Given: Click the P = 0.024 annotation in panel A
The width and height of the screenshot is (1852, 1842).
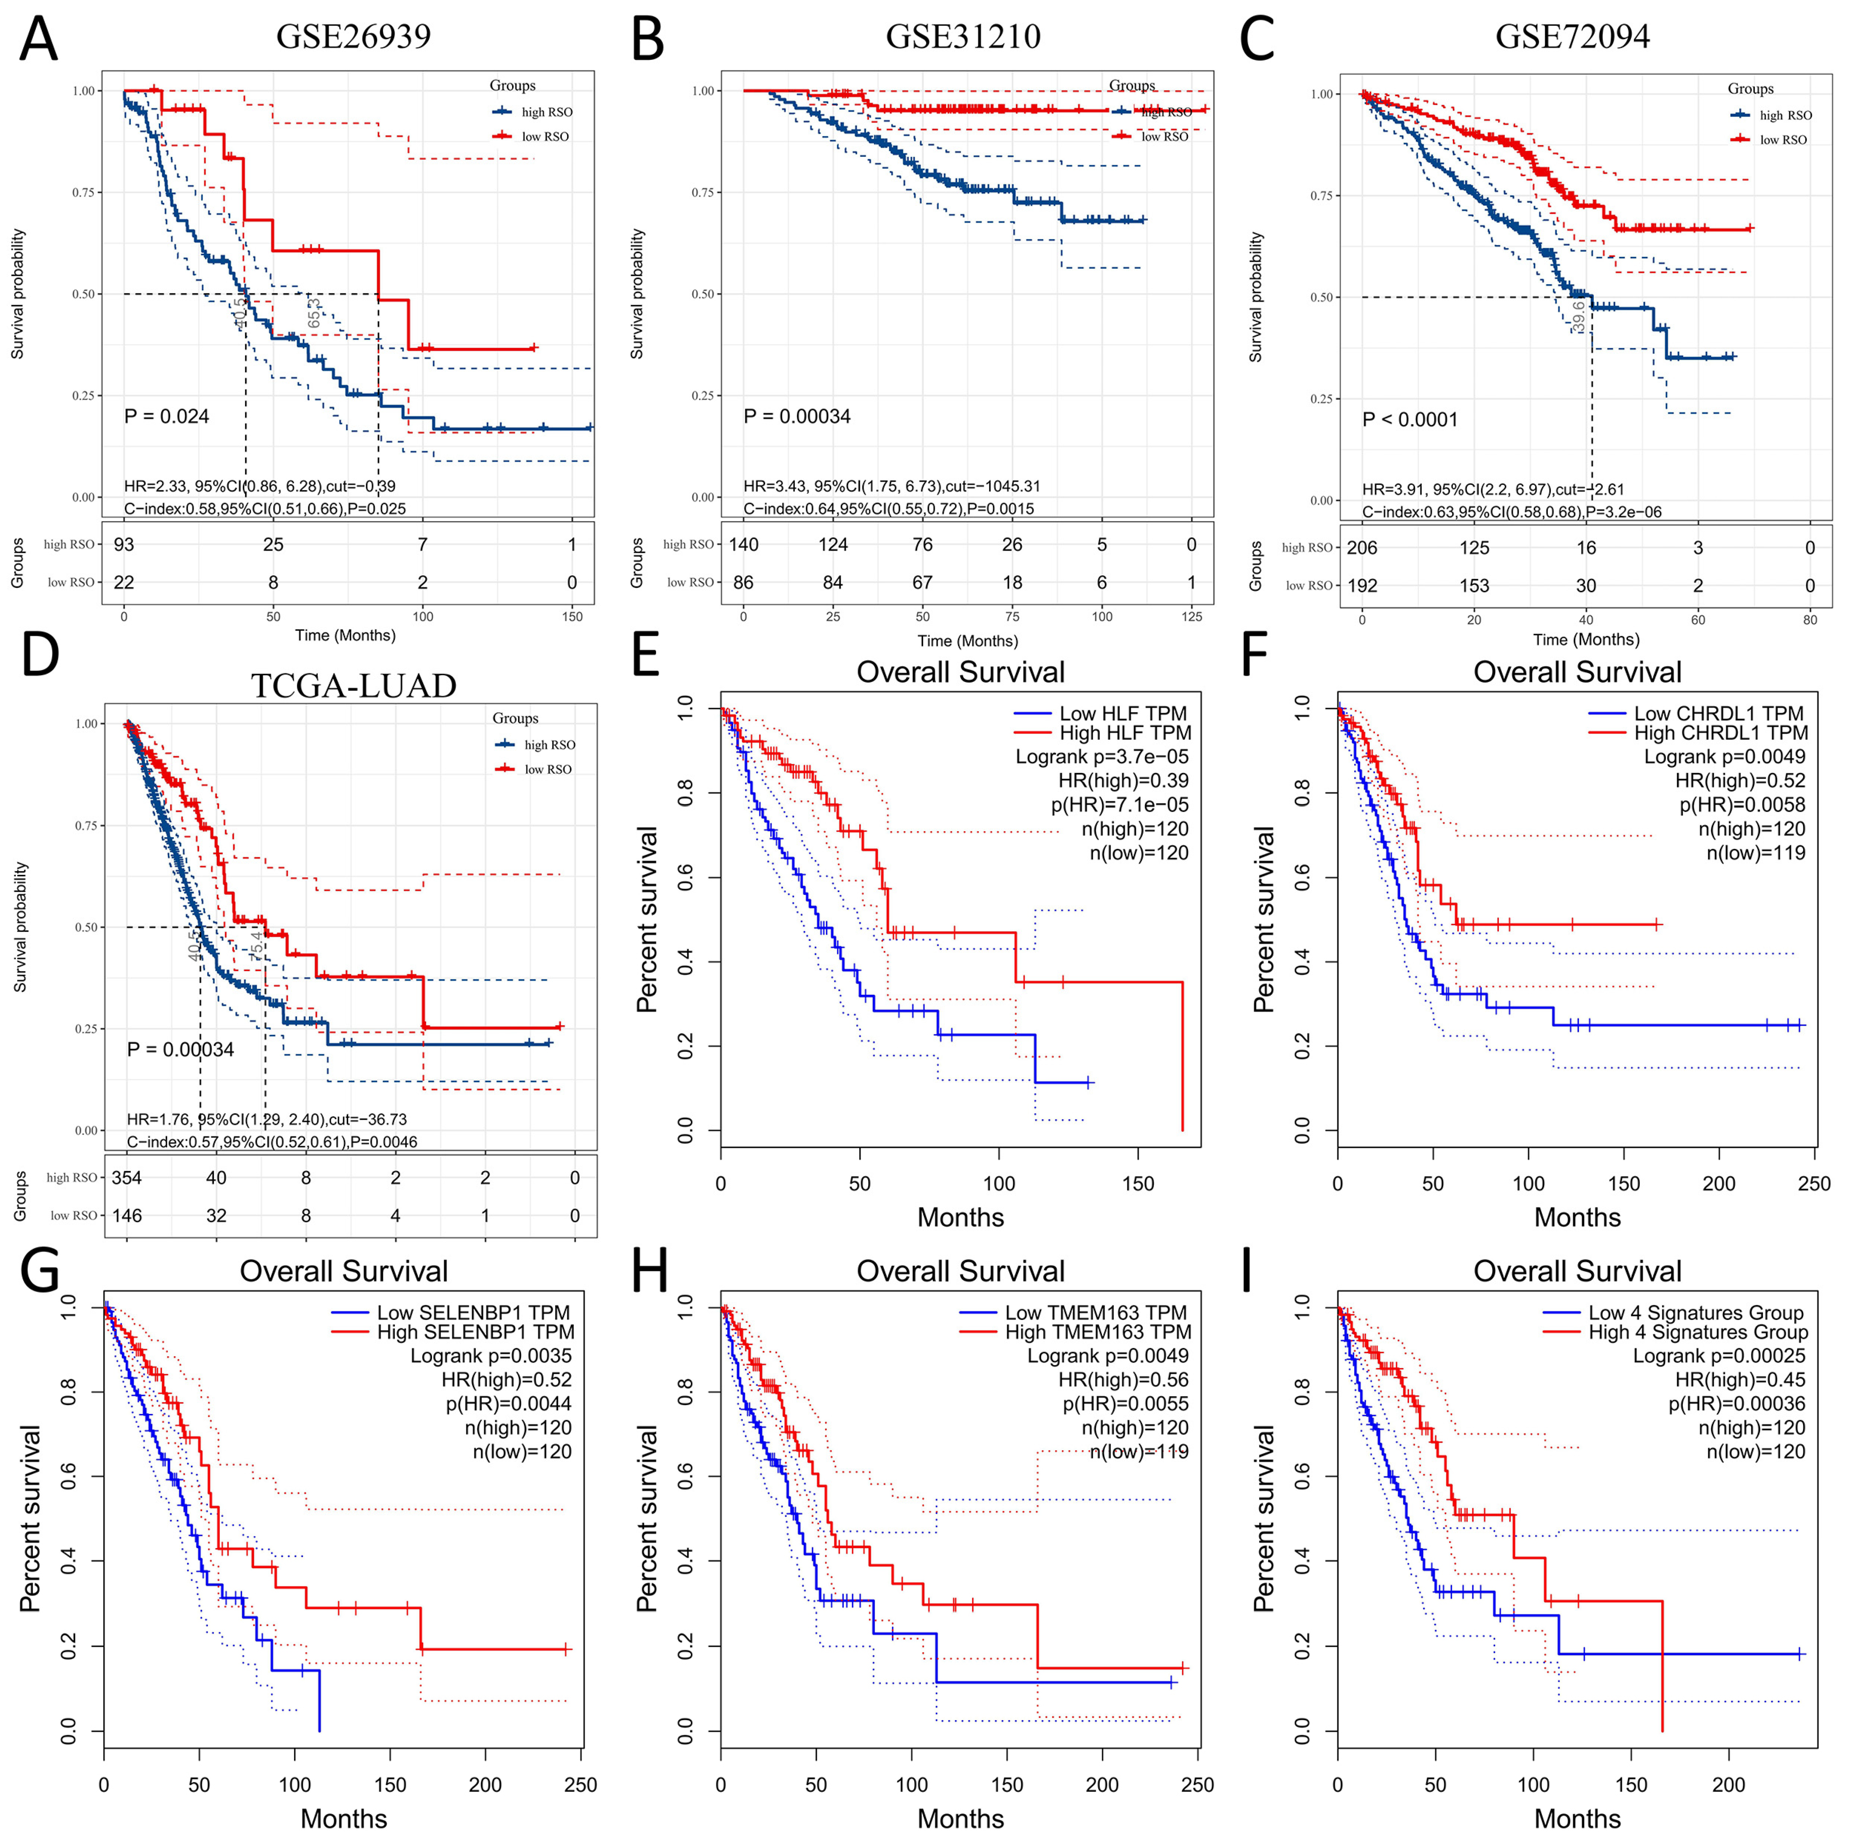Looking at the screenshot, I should [167, 416].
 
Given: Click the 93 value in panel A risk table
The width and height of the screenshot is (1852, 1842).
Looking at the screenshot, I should [124, 544].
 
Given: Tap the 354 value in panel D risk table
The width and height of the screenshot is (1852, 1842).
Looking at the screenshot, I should [127, 1178].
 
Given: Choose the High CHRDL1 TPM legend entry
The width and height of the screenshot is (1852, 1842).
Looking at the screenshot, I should [1721, 733].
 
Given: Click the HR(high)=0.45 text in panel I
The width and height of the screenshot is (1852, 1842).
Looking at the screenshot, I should [1740, 1380].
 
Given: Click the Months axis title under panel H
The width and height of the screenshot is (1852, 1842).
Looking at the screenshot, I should [961, 1818].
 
